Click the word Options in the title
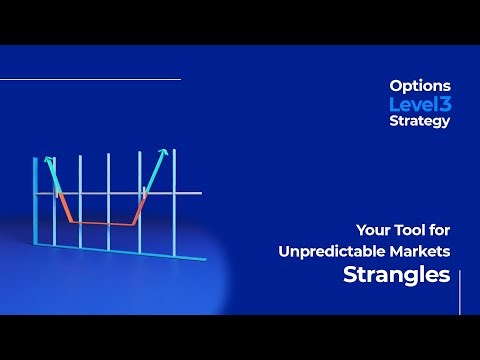[420, 87]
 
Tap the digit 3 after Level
[444, 104]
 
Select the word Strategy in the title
[420, 121]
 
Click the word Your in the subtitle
[372, 228]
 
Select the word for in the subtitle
[435, 228]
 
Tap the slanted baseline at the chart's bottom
[120, 250]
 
